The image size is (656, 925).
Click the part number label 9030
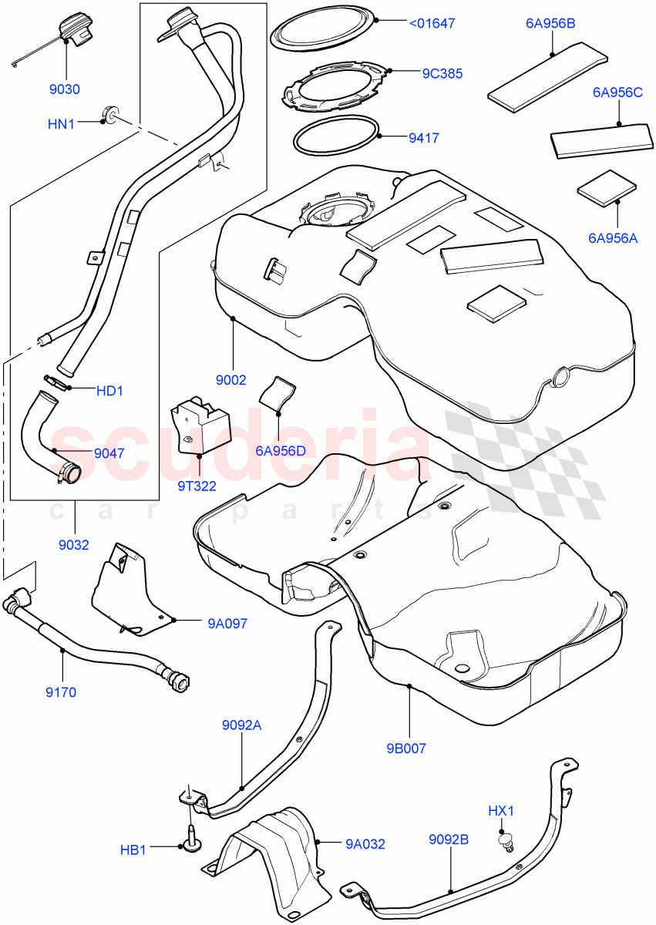(65, 89)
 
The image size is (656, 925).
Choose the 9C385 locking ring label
(442, 74)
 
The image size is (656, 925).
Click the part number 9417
(423, 139)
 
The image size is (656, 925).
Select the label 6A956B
(550, 24)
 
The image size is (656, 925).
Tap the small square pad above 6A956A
(607, 190)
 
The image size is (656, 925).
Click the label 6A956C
(617, 93)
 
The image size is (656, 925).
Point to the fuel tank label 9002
(230, 380)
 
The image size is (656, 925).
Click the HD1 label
(109, 391)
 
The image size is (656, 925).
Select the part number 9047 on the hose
(109, 453)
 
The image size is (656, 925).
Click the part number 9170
(61, 691)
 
